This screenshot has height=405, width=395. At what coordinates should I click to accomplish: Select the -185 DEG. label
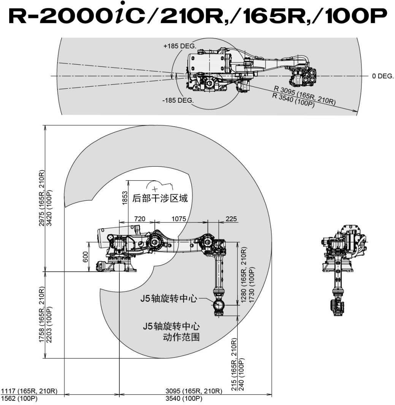tap(178, 101)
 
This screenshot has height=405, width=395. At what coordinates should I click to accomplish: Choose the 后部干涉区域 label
tap(160, 199)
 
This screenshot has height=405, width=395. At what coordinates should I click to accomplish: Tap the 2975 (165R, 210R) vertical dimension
tap(41, 198)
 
